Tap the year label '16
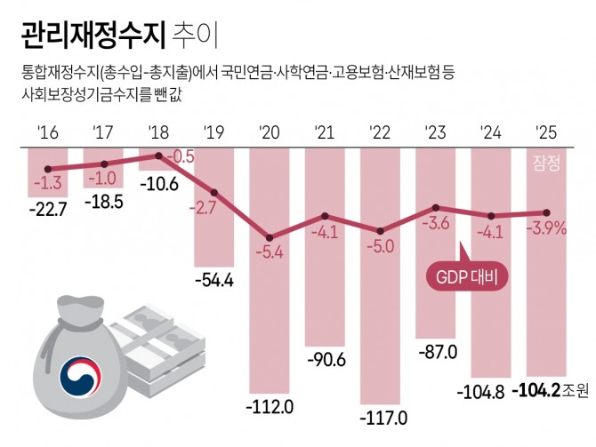[48, 133]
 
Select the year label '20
[269, 133]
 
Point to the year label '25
[545, 133]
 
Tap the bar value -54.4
[213, 281]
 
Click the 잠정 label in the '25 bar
[546, 163]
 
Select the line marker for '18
[159, 155]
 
